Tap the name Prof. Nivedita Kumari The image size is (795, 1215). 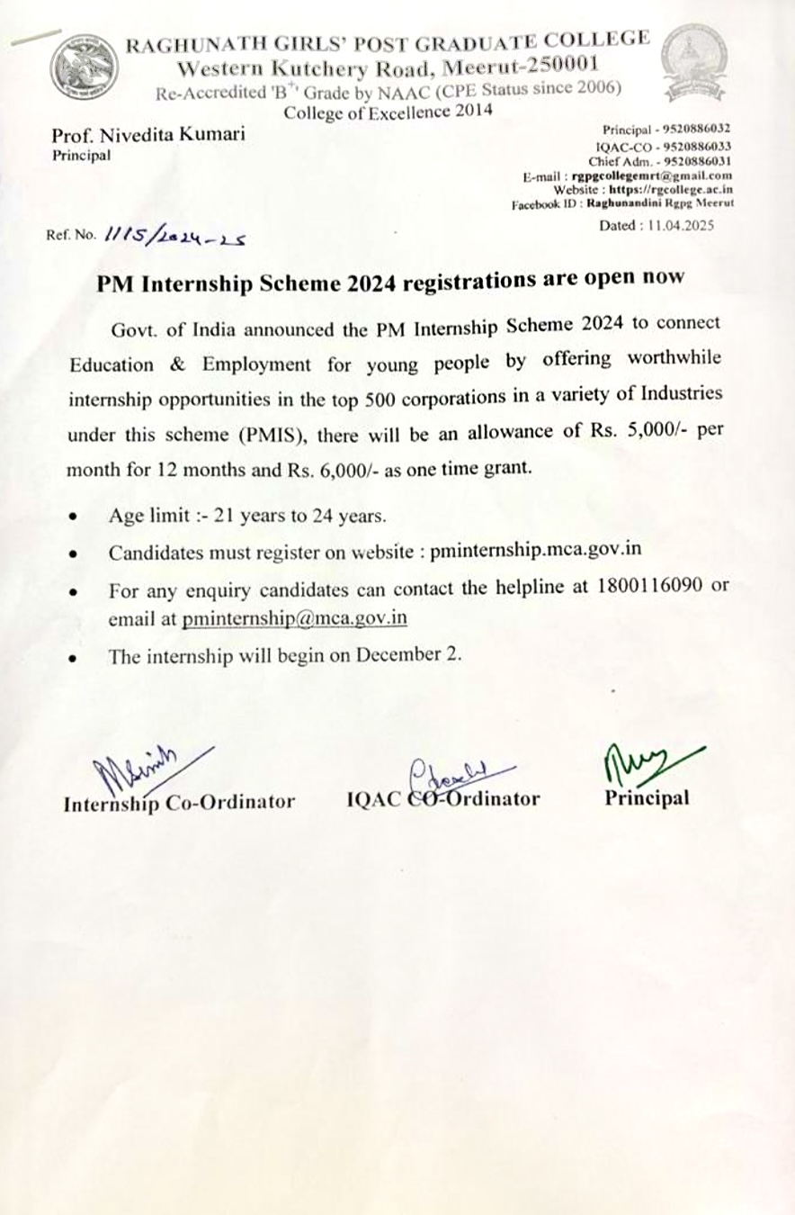click(148, 136)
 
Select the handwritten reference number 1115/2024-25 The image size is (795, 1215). click(176, 234)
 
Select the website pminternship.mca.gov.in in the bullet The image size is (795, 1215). click(536, 552)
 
